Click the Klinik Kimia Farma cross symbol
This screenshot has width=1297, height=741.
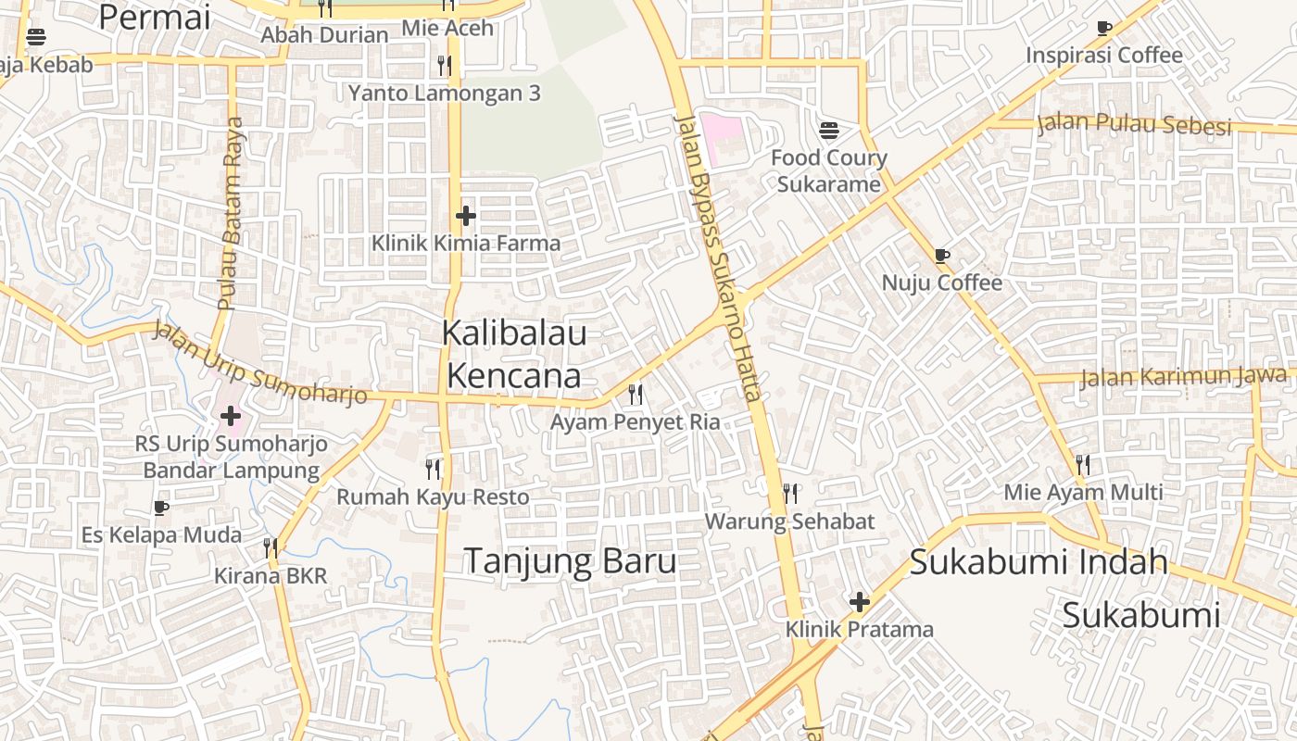[x=466, y=216]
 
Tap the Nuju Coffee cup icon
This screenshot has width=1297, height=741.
[x=942, y=255]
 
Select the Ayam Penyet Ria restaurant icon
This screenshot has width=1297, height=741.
[x=636, y=395]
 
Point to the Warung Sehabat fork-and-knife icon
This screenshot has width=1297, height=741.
[x=790, y=493]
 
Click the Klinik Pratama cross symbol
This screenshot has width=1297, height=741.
[x=860, y=602]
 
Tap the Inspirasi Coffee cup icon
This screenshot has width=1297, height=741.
[x=1104, y=28]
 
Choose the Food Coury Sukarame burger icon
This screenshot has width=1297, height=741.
[x=829, y=130]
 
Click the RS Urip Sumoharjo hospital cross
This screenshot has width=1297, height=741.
[x=230, y=416]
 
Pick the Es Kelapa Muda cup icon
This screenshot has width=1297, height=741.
[x=161, y=508]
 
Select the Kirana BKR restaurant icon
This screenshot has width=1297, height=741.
[x=271, y=547]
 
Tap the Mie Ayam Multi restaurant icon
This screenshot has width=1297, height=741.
[x=1083, y=464]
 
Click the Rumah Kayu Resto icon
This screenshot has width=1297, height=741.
[x=433, y=469]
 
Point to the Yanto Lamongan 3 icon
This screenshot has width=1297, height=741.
[x=445, y=65]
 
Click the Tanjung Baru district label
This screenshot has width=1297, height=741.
[x=570, y=561]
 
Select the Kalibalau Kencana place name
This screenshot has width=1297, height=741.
[x=514, y=354]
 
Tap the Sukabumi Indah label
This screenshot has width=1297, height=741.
[x=1039, y=562]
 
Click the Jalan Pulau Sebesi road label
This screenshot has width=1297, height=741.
[x=1134, y=123]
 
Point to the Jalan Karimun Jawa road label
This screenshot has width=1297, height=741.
[x=1183, y=377]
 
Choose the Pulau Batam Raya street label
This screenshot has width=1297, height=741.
[x=230, y=213]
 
